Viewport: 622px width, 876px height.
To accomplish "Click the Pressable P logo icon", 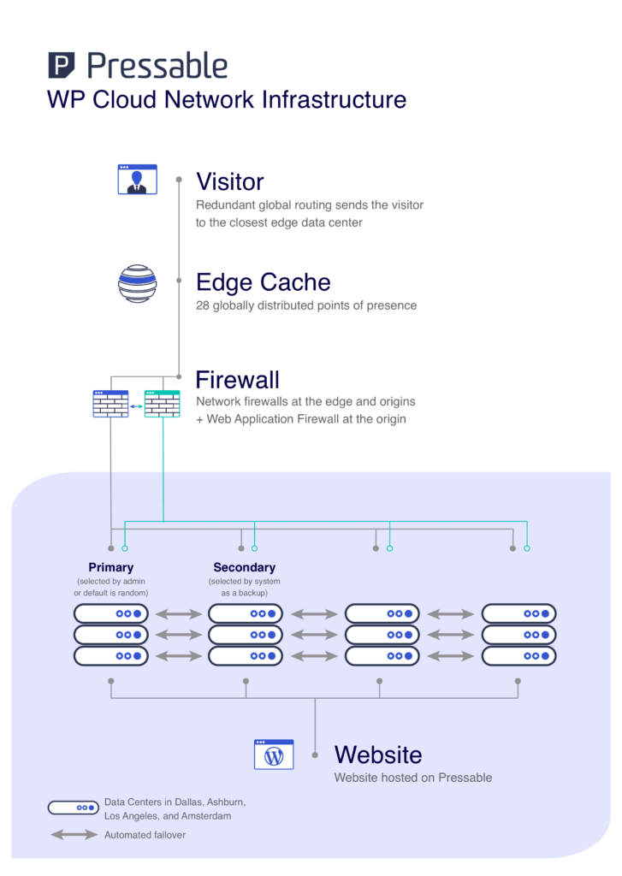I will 61,66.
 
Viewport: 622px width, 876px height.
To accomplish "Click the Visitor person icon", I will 137,180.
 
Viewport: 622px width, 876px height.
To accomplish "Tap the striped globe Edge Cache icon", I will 137,284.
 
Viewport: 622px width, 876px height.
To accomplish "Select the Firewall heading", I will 237,379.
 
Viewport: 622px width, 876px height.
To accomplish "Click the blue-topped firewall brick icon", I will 110,404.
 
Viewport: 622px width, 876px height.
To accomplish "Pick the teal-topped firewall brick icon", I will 163,404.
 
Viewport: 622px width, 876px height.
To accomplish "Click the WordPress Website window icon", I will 274,755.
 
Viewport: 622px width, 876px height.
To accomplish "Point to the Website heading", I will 377,755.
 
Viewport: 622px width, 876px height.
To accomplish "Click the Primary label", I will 111,567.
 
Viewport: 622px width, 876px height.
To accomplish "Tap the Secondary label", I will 245,567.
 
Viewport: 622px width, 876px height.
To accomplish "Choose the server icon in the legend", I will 74,807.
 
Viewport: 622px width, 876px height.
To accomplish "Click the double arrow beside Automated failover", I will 74,834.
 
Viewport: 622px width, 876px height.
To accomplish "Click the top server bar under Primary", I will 111,613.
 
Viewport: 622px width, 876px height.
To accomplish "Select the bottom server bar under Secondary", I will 246,656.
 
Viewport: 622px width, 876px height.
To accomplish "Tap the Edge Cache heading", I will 263,282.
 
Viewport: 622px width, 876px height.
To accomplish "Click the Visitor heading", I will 229,181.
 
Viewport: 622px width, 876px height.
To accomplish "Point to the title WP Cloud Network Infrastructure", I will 227,99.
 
